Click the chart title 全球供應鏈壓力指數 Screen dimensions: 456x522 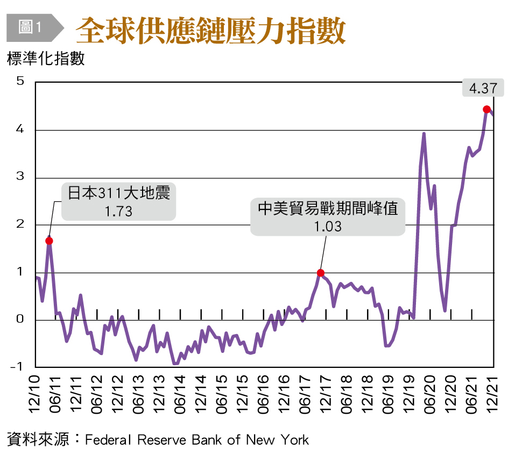[x=210, y=31]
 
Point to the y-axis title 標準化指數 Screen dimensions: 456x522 [x=46, y=59]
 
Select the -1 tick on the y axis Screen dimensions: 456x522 [x=18, y=367]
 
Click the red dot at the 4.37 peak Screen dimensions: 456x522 [x=486, y=110]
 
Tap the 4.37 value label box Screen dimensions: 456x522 [x=483, y=88]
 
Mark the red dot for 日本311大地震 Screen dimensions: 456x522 [x=49, y=241]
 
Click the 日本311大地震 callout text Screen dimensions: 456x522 [x=118, y=193]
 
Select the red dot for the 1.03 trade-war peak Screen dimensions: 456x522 [x=321, y=273]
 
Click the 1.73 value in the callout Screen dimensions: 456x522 [x=118, y=211]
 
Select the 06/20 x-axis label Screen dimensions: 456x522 [x=431, y=395]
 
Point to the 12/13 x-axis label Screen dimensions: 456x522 [x=160, y=395]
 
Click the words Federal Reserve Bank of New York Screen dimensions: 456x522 [x=197, y=440]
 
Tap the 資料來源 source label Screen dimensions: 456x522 [x=38, y=440]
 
